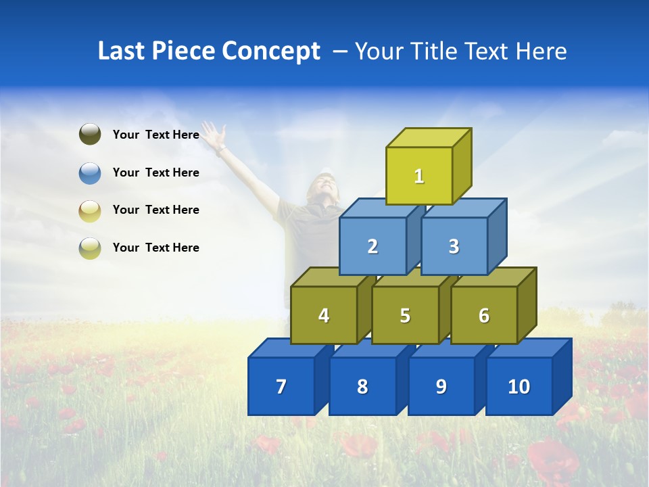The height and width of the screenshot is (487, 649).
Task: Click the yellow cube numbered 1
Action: [x=419, y=176]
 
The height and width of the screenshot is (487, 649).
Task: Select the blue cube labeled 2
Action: [x=372, y=246]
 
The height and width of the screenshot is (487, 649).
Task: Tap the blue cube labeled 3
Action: [x=454, y=246]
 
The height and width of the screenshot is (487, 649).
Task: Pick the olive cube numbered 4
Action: [x=324, y=315]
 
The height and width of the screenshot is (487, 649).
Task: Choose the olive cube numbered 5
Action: [x=405, y=315]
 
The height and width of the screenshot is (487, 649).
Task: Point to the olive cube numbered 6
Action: [x=484, y=315]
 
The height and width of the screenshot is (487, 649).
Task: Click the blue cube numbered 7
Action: [x=281, y=386]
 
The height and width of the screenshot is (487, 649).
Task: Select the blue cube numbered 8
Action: [x=362, y=386]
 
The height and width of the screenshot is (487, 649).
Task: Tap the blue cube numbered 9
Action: [x=441, y=386]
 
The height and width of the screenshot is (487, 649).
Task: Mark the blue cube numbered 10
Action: [x=519, y=386]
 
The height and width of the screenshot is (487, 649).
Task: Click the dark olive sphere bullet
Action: [x=90, y=135]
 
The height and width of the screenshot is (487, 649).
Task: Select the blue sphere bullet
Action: [x=90, y=172]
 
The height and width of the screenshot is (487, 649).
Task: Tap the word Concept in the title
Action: [x=271, y=51]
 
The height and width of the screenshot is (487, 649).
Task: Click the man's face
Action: [x=322, y=186]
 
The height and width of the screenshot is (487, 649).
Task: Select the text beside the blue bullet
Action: [x=156, y=172]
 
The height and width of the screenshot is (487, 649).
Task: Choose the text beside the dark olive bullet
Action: [x=156, y=135]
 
